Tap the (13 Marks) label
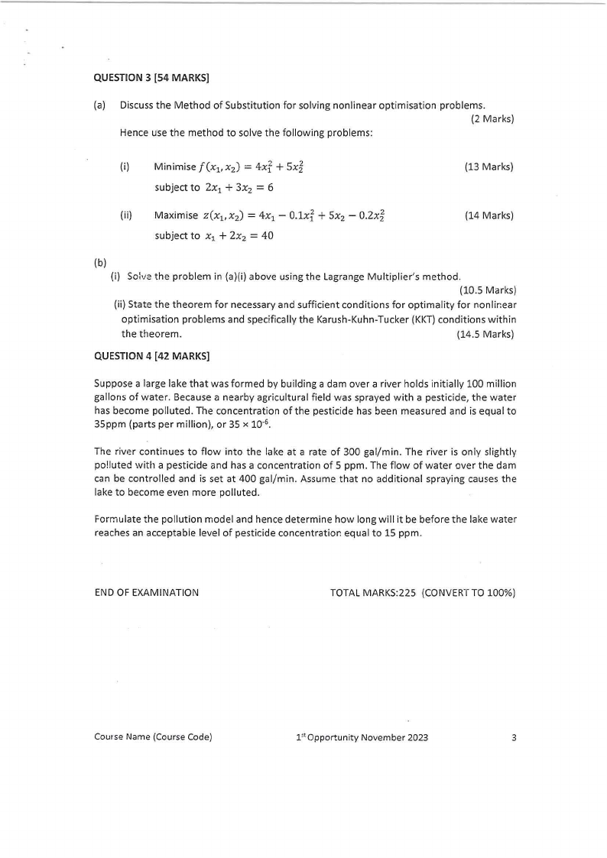(489, 167)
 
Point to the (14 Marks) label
(489, 215)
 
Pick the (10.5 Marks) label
(487, 290)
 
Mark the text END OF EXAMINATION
(146, 592)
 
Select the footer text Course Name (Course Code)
(153, 737)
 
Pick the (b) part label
(99, 263)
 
